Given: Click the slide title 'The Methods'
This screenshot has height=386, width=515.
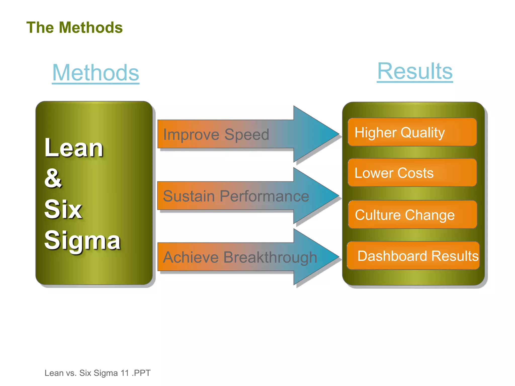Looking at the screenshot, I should (x=74, y=27).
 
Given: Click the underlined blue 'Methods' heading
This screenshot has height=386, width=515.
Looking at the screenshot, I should (x=96, y=73).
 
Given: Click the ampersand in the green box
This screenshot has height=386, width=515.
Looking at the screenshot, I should (x=53, y=178).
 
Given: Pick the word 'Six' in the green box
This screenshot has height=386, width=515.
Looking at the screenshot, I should (x=63, y=209).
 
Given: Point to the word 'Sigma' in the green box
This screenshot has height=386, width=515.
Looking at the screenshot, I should (x=82, y=240).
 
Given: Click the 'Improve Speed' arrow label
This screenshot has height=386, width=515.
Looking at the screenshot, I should (x=216, y=134).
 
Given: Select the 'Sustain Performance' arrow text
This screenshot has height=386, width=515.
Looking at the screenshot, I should (x=236, y=196).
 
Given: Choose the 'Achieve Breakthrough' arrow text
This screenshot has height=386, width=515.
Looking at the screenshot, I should (x=240, y=257).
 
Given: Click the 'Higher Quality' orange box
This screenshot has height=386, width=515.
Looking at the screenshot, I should (x=412, y=132).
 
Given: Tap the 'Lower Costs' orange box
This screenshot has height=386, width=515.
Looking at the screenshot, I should (x=412, y=173).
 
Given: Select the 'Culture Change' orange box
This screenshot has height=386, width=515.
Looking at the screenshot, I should (x=412, y=215).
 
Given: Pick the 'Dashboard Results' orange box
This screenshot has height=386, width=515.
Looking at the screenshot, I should (x=413, y=256).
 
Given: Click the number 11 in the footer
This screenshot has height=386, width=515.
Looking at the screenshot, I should (x=125, y=373).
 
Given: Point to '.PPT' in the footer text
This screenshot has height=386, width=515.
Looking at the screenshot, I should (x=141, y=373).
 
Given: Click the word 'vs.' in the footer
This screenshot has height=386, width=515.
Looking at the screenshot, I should (x=71, y=373).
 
